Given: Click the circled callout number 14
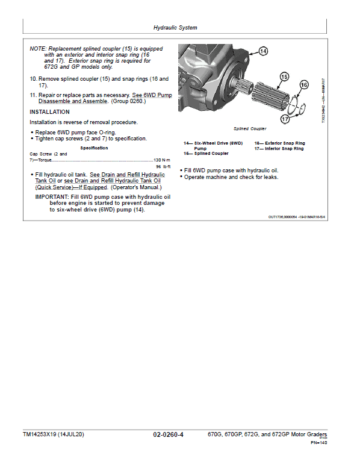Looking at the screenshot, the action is pyautogui.click(x=263, y=51).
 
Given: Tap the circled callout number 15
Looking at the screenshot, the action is pyautogui.click(x=284, y=77).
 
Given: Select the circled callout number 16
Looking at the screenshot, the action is pyautogui.click(x=304, y=85).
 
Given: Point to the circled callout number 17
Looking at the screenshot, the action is pyautogui.click(x=285, y=119).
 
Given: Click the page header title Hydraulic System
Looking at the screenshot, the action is pyautogui.click(x=175, y=28).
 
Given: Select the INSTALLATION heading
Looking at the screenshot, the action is pyautogui.click(x=49, y=112).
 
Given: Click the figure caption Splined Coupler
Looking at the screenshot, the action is pyautogui.click(x=250, y=129).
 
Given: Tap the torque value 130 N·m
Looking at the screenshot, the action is pyautogui.click(x=162, y=160).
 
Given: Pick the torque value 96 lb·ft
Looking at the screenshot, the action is pyautogui.click(x=163, y=166).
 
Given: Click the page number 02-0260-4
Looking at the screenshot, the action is pyautogui.click(x=168, y=434).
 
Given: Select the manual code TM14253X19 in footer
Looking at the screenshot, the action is pyautogui.click(x=39, y=434).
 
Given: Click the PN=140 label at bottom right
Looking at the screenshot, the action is pyautogui.click(x=319, y=443).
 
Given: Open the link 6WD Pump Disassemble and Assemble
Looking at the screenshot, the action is pyautogui.click(x=105, y=98).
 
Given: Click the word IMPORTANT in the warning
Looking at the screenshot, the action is pyautogui.click(x=52, y=197).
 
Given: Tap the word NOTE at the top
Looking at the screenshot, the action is pyautogui.click(x=38, y=49).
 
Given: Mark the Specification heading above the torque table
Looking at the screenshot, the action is pyautogui.click(x=94, y=148).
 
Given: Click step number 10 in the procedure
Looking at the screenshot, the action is pyautogui.click(x=33, y=79).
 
